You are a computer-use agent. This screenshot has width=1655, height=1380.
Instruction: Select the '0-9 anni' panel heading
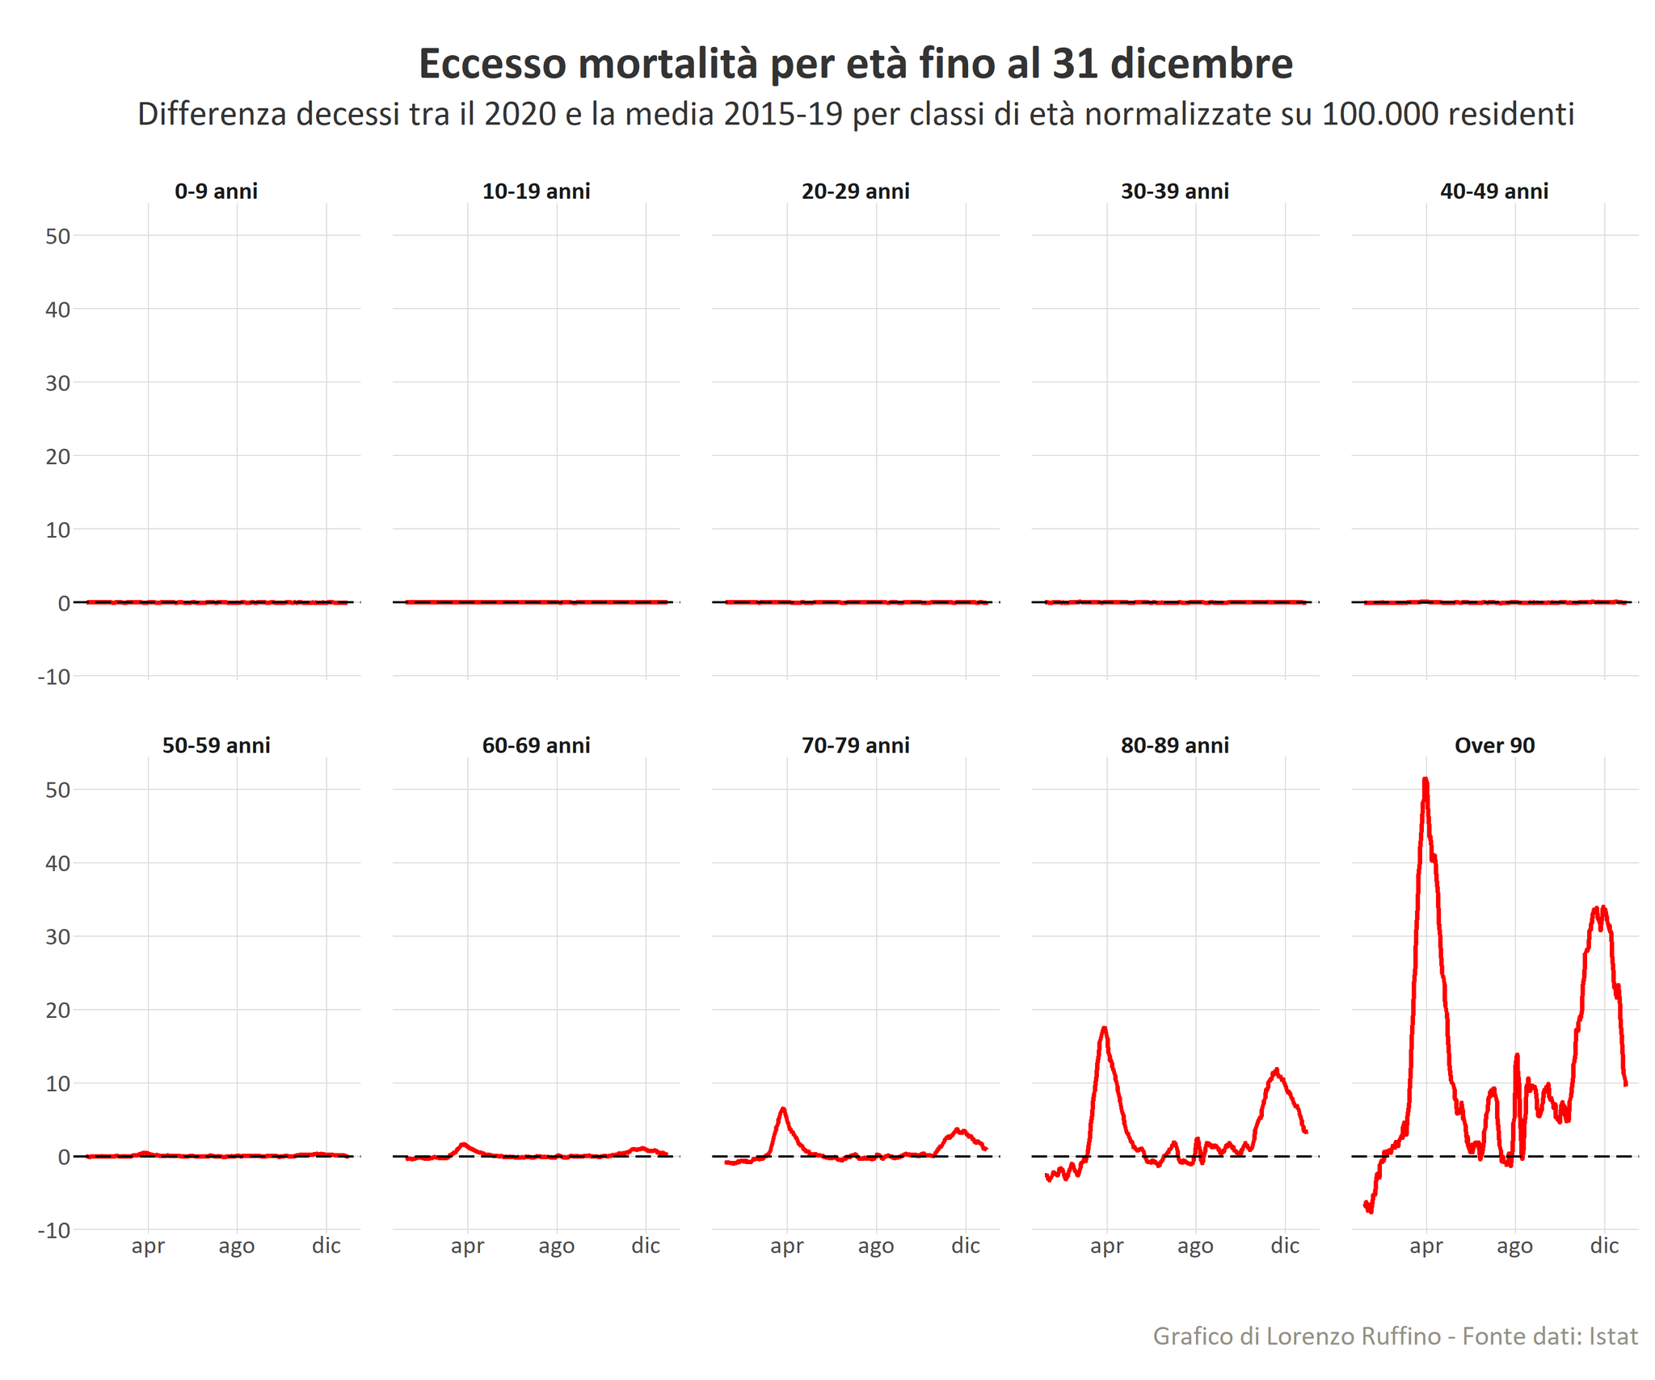(216, 192)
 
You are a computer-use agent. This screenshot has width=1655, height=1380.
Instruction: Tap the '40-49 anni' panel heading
(1493, 192)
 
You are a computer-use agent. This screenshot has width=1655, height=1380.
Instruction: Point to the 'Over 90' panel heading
(1493, 745)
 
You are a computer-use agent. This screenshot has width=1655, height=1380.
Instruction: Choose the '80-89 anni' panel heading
(1174, 745)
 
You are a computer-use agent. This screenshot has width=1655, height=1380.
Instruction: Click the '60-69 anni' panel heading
(536, 745)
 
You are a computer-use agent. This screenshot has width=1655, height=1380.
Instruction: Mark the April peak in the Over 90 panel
(1425, 780)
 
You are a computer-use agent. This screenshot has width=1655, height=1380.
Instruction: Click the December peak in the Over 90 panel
(1602, 909)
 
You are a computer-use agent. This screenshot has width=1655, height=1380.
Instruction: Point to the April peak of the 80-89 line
(1104, 1028)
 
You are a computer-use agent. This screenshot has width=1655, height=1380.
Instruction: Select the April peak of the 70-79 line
(783, 1108)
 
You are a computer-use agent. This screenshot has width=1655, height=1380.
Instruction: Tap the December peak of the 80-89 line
(1276, 1070)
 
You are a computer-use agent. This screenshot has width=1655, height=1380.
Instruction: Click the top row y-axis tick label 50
(58, 236)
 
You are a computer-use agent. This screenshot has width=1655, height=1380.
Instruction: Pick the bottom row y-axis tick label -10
(54, 1230)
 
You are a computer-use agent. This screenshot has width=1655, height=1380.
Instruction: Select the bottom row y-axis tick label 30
(58, 937)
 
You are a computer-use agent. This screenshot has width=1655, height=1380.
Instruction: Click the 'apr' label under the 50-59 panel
(148, 1246)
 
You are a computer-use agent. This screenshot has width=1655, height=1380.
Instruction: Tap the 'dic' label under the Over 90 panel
(1604, 1246)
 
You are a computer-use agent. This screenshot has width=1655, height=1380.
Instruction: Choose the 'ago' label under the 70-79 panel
(876, 1246)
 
